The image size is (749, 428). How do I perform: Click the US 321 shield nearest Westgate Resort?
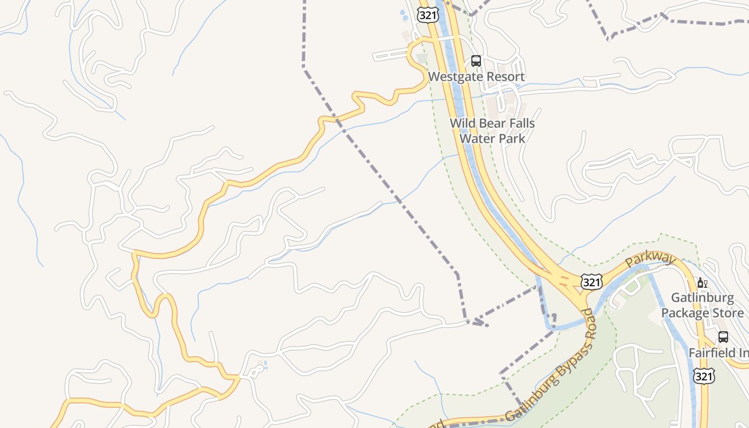point(428,15)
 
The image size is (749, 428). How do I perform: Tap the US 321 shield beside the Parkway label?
point(591,281)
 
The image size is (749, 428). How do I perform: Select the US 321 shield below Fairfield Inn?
point(704,376)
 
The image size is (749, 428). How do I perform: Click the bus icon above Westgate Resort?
point(476,61)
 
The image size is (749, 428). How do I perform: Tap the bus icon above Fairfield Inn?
point(723,337)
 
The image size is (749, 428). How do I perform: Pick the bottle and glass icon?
point(702,282)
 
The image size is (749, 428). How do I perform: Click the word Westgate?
point(455,77)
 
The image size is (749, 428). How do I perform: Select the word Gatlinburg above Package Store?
point(702,297)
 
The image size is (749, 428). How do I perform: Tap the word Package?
point(686,312)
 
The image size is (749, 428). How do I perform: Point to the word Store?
point(728,312)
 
